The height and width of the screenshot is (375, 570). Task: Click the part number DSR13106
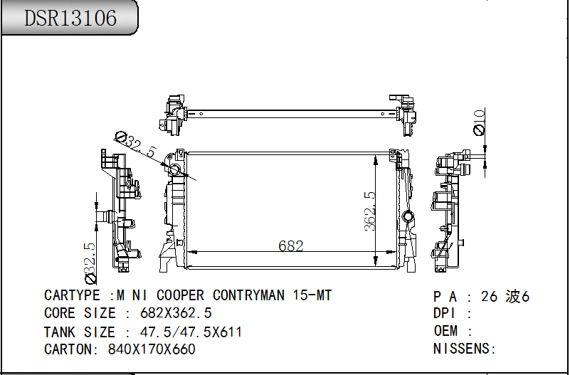pyautogui.click(x=70, y=18)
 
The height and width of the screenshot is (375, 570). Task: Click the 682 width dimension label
pyautogui.click(x=291, y=246)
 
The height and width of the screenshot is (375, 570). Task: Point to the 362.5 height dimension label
pyautogui.click(x=369, y=211)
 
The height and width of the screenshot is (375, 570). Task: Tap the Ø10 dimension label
pyautogui.click(x=480, y=122)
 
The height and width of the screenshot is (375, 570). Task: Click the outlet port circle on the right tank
pyautogui.click(x=408, y=217)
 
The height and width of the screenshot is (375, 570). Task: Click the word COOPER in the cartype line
pyautogui.click(x=180, y=295)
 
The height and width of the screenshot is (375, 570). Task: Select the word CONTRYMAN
pyautogui.click(x=248, y=295)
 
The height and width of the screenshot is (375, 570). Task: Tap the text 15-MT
pyautogui.click(x=312, y=295)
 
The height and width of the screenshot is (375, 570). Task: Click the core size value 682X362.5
pyautogui.click(x=176, y=313)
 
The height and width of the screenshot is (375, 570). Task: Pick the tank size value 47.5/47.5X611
pyautogui.click(x=191, y=332)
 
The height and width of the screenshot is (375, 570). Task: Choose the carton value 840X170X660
pyautogui.click(x=152, y=349)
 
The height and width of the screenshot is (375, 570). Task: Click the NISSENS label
pyautogui.click(x=462, y=349)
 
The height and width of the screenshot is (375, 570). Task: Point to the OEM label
pyautogui.click(x=445, y=331)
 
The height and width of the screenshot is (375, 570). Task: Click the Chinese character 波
pyautogui.click(x=513, y=297)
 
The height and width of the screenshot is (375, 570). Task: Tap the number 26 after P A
pyautogui.click(x=489, y=297)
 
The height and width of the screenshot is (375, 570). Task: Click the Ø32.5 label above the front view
pyautogui.click(x=135, y=143)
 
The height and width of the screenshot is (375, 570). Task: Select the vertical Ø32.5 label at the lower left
pyautogui.click(x=90, y=263)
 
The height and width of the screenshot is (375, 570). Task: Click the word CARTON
pyautogui.click(x=68, y=349)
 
